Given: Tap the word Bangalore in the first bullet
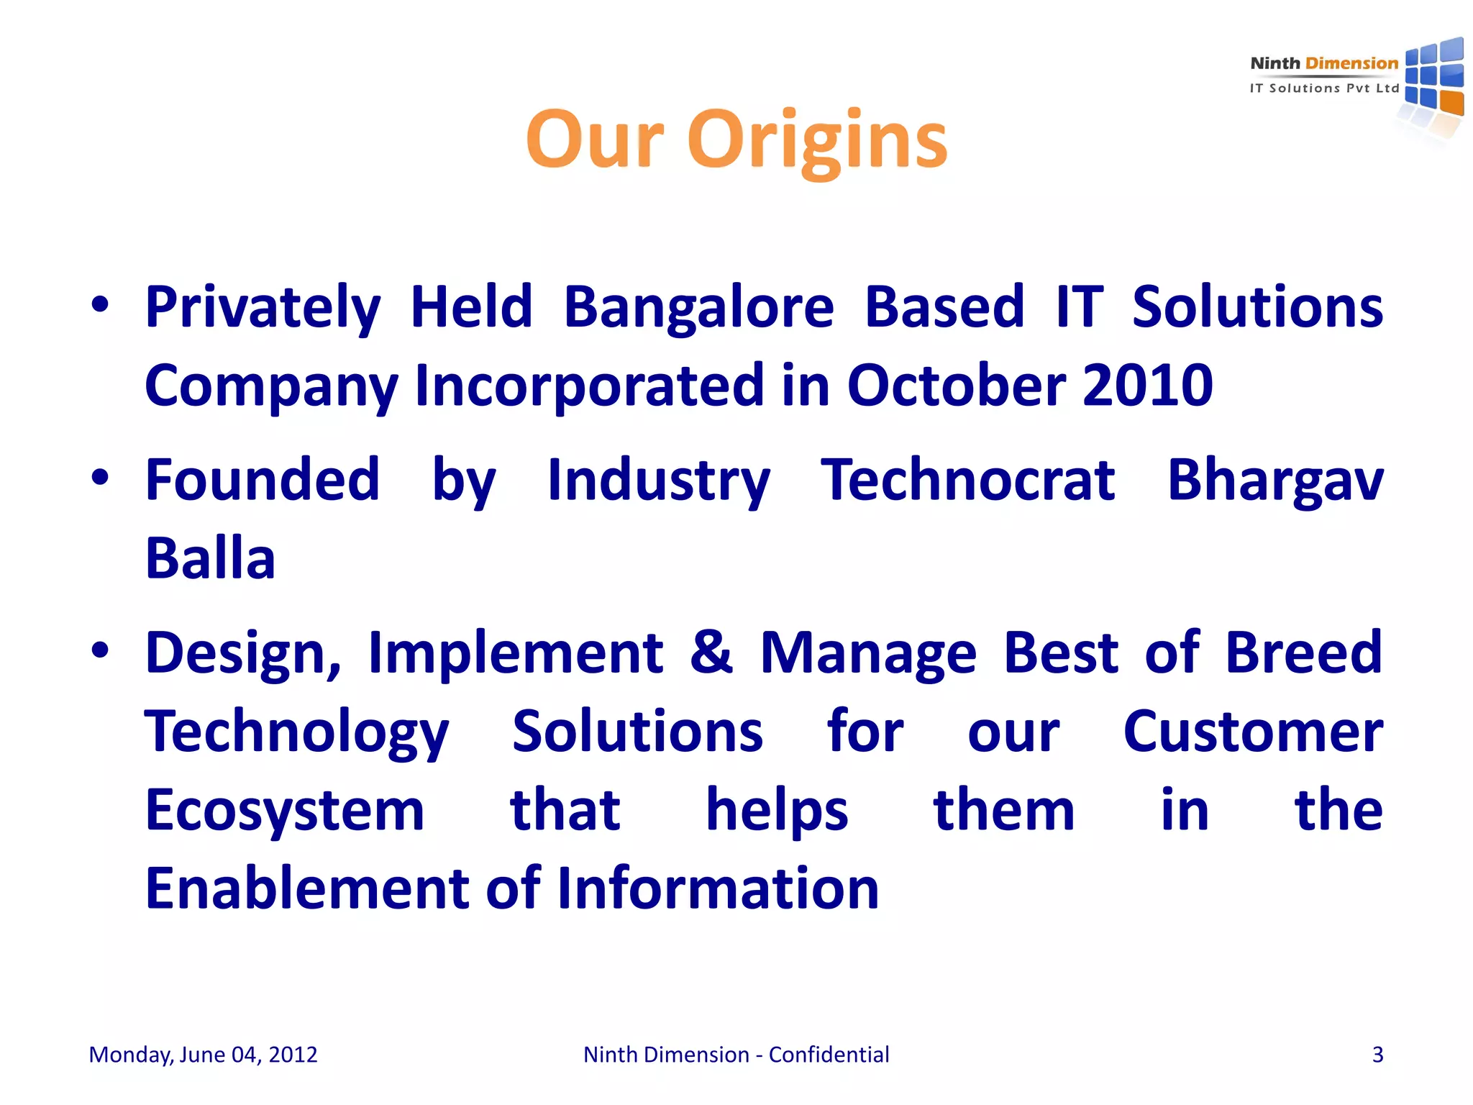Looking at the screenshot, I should pos(698,307).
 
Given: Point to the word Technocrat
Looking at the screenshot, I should pos(968,481).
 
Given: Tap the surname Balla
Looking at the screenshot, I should pos(210,559).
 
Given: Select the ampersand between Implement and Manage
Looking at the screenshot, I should pos(711,652).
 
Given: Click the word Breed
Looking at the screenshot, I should pos(1303,652).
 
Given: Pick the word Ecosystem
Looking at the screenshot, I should pos(285,811).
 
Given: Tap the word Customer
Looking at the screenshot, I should pos(1253,732).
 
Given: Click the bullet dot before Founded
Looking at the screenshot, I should pos(100,477).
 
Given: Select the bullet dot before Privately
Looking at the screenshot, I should pos(100,304).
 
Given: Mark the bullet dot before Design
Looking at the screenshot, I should pos(100,650).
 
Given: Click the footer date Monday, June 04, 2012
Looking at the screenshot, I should pos(203,1055).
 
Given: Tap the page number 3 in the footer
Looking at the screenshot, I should pos(1377,1055).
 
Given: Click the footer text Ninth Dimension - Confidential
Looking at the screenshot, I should pos(736,1055).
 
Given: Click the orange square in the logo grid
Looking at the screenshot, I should pos(1451,103).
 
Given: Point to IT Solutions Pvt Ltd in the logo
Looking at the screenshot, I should pos(1324,88).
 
